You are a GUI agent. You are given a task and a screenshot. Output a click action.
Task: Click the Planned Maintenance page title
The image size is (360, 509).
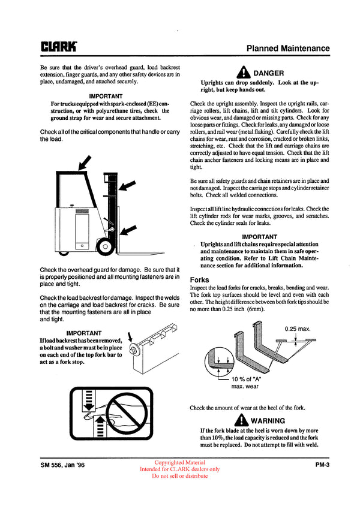(x=288, y=48)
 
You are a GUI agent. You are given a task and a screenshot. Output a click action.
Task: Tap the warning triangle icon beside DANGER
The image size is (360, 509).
(x=243, y=73)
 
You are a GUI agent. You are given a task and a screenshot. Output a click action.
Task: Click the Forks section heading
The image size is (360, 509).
(x=200, y=279)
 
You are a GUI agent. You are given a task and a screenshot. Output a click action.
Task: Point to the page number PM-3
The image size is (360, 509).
(x=322, y=463)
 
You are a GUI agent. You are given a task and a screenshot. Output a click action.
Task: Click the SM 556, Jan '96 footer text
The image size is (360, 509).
(x=62, y=463)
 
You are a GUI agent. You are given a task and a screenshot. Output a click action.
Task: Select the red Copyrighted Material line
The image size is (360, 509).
(x=179, y=462)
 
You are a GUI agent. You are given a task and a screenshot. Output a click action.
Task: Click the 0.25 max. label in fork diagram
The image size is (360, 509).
(x=296, y=329)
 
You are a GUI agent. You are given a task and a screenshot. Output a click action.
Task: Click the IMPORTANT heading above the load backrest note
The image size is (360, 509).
(x=83, y=333)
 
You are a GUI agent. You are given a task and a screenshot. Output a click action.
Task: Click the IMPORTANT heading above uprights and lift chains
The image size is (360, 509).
(x=259, y=237)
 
